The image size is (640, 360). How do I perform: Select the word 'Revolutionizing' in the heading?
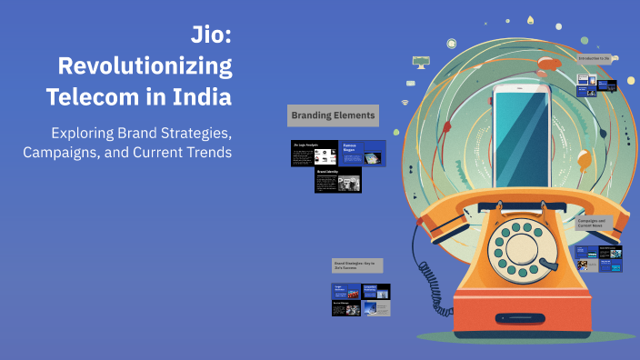coord(145,66)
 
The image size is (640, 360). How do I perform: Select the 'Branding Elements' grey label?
coord(333,116)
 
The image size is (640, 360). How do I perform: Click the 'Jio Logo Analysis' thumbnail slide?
coord(314,154)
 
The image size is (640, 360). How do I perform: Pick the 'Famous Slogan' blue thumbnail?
coord(363,153)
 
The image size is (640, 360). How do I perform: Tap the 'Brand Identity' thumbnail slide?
coord(338,180)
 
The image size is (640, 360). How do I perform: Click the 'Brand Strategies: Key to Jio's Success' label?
coord(357,265)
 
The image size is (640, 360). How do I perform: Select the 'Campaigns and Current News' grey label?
coord(597,224)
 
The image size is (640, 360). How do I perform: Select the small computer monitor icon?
coord(420,62)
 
